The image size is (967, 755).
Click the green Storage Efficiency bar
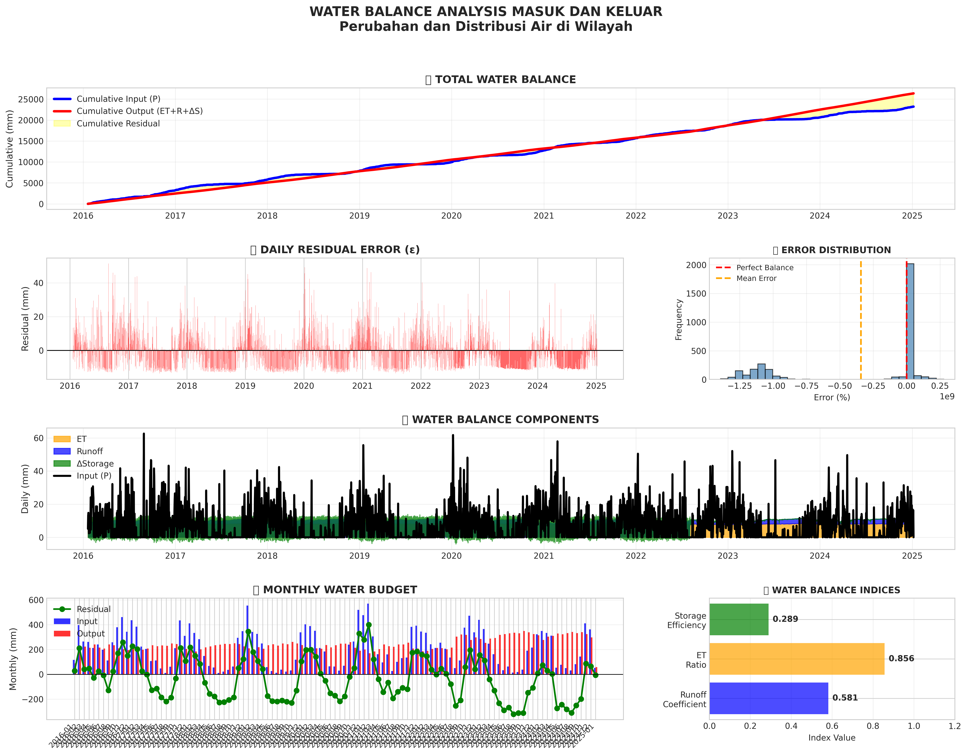coord(738,619)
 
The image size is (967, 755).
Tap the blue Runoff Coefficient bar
coord(768,698)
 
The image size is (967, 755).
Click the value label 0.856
coord(901,659)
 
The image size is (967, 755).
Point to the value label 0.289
coord(785,619)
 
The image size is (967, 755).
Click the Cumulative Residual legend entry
coord(118,123)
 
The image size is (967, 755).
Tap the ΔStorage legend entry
coord(95,464)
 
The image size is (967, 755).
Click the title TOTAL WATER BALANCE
coord(505,80)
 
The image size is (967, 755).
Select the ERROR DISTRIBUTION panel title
coord(836,250)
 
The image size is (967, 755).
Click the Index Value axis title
coord(831,738)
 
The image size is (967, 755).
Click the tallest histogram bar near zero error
coord(910,321)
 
